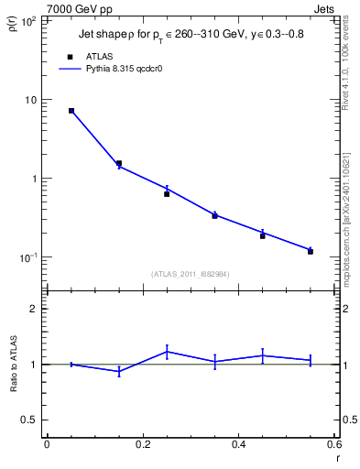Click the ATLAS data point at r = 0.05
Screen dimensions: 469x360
pyautogui.click(x=71, y=111)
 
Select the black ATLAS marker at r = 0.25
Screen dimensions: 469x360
pyautogui.click(x=167, y=194)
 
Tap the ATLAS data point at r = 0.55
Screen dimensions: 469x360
pyautogui.click(x=311, y=251)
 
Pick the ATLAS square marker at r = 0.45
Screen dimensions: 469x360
pyautogui.click(x=262, y=235)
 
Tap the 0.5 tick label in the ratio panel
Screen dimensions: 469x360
pyautogui.click(x=28, y=420)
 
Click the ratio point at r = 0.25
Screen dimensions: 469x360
pyautogui.click(x=167, y=351)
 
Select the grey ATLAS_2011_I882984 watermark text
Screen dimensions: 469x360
pyautogui.click(x=191, y=273)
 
